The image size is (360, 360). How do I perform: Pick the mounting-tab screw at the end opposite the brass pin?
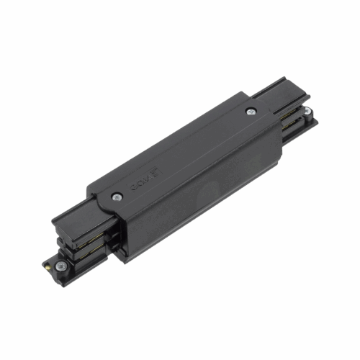click(x=307, y=112)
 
